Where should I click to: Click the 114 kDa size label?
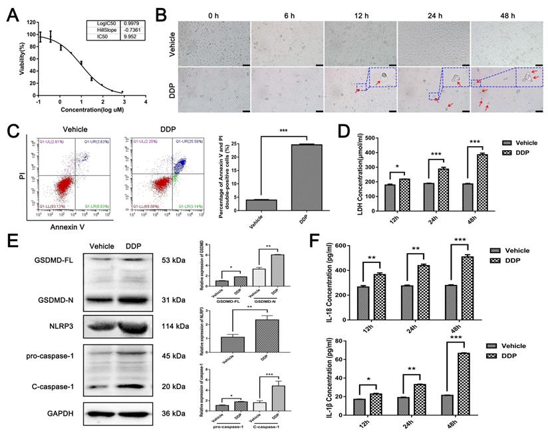pyautogui.click(x=174, y=326)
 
